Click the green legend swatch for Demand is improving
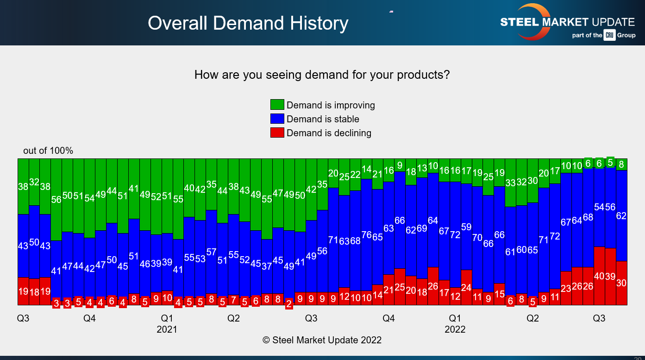[277, 105]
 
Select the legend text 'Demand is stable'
[323, 119]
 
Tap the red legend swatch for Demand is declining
[277, 133]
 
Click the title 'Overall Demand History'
[248, 23]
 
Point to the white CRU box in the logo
[609, 35]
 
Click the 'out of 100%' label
[48, 151]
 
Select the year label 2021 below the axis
[167, 330]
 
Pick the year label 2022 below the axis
[455, 330]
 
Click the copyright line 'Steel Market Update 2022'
[322, 340]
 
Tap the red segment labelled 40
[599, 276]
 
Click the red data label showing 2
[289, 304]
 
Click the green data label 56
[56, 200]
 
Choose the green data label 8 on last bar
[621, 164]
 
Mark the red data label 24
[466, 288]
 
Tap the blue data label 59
[466, 227]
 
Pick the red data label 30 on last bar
[621, 283]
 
